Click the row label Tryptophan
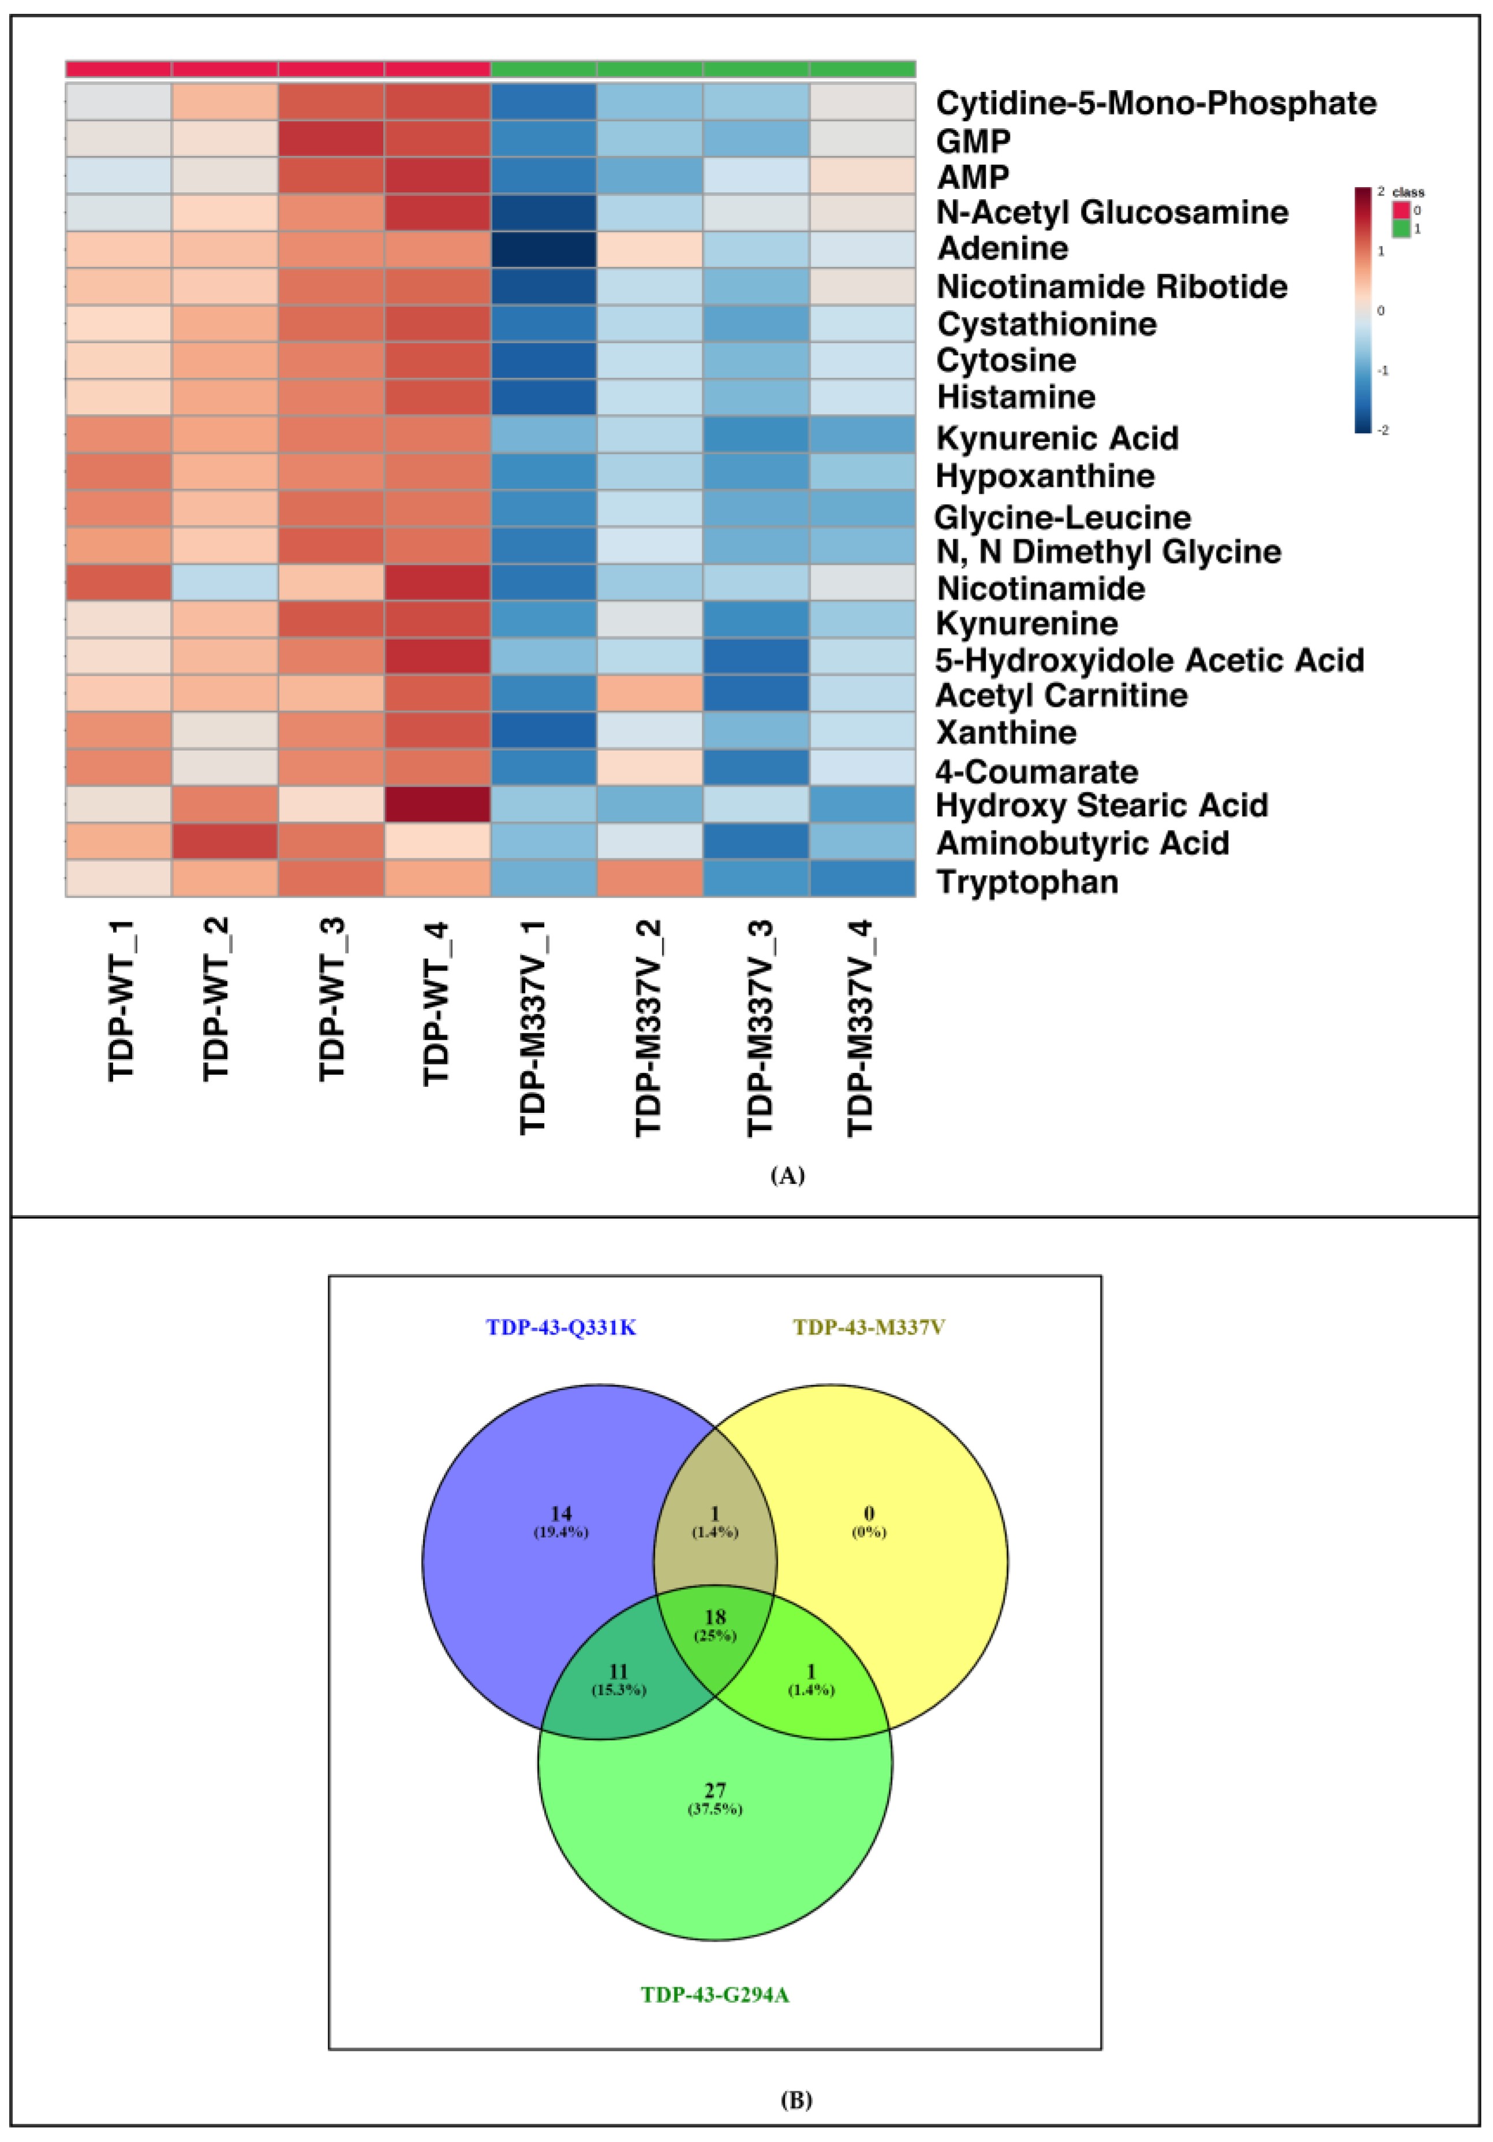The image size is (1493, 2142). pyautogui.click(x=1027, y=882)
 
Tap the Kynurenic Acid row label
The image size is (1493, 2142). pyautogui.click(x=1057, y=438)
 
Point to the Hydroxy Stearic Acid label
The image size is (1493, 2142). pyautogui.click(x=1101, y=805)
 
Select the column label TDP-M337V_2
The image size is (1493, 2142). pyautogui.click(x=649, y=1026)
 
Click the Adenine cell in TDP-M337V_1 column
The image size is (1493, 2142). pyautogui.click(x=544, y=249)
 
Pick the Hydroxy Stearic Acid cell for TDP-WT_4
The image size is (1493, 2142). pyautogui.click(x=437, y=804)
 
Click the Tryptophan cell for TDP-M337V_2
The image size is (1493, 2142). pyautogui.click(x=650, y=878)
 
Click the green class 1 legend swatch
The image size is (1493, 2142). pyautogui.click(x=1401, y=229)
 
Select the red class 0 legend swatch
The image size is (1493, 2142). pyautogui.click(x=1401, y=210)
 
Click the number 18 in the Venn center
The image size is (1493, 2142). pyautogui.click(x=714, y=1617)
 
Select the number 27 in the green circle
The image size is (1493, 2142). pyautogui.click(x=714, y=1790)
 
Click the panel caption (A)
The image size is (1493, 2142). pyautogui.click(x=787, y=1175)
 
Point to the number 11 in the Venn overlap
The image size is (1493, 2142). pyautogui.click(x=618, y=1671)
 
